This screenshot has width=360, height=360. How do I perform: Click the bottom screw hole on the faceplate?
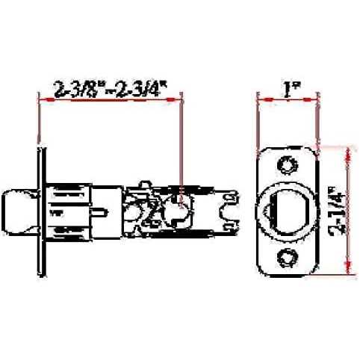pyautogui.click(x=288, y=258)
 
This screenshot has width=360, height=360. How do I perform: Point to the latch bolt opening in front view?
pyautogui.click(x=288, y=211)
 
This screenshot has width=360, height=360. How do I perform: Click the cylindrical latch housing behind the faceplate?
pyautogui.click(x=71, y=211)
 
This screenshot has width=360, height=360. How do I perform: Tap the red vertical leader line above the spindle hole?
pyautogui.click(x=181, y=142)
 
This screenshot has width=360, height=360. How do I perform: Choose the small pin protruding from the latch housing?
pyautogui.click(x=99, y=212)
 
